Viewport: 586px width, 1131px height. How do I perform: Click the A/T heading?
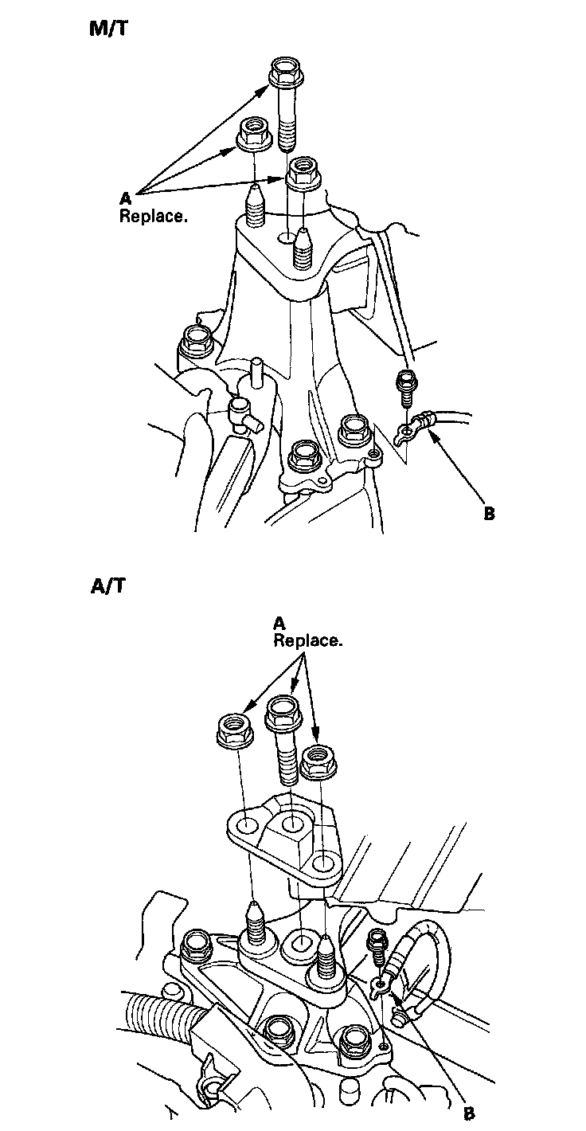tap(107, 587)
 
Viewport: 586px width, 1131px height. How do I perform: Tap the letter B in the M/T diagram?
tap(489, 514)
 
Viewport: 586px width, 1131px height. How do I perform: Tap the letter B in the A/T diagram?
tap(469, 1114)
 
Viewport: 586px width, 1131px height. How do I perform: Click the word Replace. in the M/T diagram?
tap(154, 215)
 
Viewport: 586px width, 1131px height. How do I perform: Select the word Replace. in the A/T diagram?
tap(308, 641)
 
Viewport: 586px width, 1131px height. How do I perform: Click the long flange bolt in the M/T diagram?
tap(286, 104)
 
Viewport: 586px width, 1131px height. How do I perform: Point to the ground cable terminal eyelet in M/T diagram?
tap(407, 432)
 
